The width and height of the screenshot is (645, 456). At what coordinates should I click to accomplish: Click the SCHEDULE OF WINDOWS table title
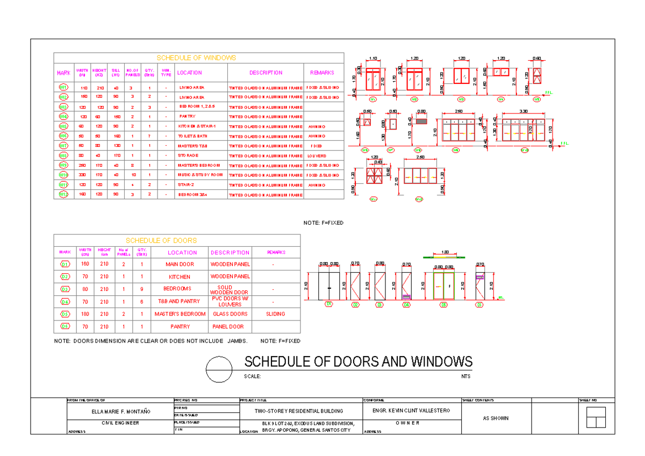pos(196,58)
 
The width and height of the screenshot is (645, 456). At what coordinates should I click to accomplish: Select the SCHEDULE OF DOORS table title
pos(161,240)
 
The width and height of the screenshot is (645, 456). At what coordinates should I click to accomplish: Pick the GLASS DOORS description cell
pos(230,314)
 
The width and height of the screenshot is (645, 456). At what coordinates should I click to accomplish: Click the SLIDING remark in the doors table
pos(275,314)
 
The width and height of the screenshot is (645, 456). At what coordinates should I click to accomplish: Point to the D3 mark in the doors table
pos(65,289)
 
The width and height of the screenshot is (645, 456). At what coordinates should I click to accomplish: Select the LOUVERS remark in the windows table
pos(320,155)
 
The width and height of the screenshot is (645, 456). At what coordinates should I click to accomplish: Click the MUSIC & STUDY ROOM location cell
pos(200,175)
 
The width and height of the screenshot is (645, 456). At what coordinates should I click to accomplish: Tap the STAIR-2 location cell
pos(188,185)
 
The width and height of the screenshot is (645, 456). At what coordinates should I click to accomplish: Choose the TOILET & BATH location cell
pos(192,136)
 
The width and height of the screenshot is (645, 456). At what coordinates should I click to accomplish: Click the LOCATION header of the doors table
pos(182,252)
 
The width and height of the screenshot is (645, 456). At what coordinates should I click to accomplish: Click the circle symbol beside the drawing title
pos(220,369)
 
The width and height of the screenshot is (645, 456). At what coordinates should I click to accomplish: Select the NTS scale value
pos(465,376)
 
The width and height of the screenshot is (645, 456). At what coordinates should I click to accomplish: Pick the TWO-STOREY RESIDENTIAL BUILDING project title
pos(299,411)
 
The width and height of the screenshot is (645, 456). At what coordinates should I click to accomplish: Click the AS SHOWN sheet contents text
pos(495,418)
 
